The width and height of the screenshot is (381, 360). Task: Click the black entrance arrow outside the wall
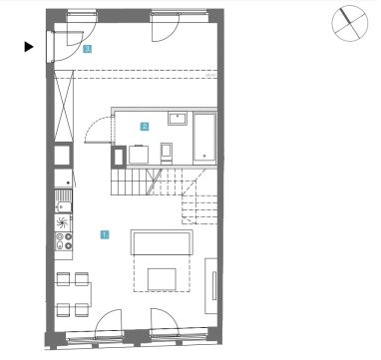click(29, 47)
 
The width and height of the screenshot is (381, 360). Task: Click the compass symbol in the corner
click(350, 23)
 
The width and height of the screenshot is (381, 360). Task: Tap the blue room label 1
click(105, 234)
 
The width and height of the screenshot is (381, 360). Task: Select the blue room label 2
click(145, 127)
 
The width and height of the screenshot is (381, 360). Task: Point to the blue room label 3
click(87, 49)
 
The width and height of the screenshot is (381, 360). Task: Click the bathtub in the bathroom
click(204, 138)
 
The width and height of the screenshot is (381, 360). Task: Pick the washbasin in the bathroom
click(178, 119)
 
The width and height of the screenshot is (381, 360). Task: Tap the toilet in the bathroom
click(167, 154)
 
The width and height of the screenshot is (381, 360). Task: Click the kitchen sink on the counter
click(63, 201)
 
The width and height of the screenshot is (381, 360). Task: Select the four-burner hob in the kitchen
click(63, 241)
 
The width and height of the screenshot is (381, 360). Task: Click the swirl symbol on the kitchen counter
click(63, 222)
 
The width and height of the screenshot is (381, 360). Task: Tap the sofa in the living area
click(162, 242)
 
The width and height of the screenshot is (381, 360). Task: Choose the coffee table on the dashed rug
click(162, 279)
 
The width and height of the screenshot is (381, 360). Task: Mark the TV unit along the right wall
click(210, 285)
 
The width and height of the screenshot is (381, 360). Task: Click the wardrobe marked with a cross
click(64, 107)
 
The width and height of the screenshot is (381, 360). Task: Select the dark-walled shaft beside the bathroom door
click(119, 156)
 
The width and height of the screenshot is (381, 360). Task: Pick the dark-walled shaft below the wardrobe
click(63, 156)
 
